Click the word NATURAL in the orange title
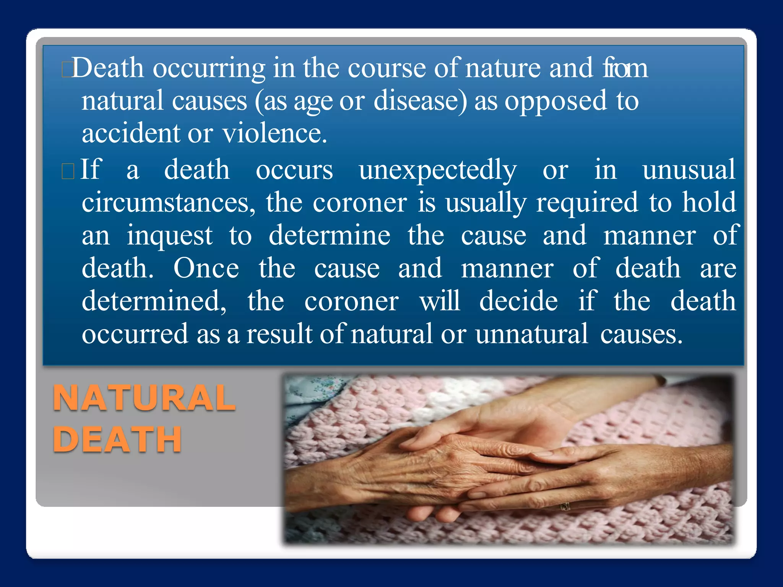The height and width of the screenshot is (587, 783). (x=144, y=398)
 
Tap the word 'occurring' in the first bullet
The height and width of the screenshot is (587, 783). (x=209, y=68)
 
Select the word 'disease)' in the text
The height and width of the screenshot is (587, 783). (x=420, y=101)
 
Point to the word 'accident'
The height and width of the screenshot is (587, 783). (x=131, y=133)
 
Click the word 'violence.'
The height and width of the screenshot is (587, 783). (x=275, y=133)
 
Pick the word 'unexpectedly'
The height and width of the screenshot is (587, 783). (x=438, y=170)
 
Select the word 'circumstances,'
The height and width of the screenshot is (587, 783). (x=169, y=203)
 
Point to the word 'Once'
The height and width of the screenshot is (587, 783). (x=206, y=268)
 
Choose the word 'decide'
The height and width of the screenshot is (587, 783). (x=518, y=301)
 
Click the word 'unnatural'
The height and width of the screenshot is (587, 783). (x=531, y=334)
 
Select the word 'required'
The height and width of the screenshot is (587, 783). (x=587, y=203)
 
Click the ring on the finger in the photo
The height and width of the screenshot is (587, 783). (x=565, y=507)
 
